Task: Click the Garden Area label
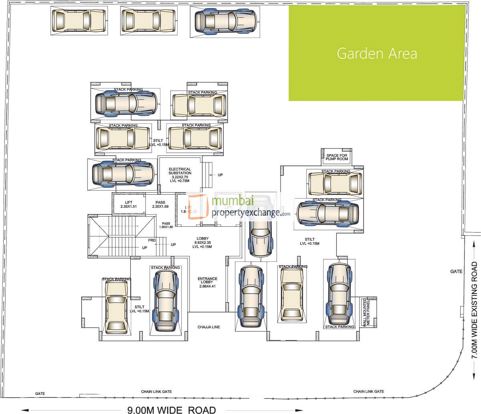click(377, 54)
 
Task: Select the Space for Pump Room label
click(338, 157)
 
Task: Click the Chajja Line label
click(209, 327)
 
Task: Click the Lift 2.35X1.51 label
click(129, 204)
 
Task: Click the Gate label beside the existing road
click(456, 271)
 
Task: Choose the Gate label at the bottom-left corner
click(40, 394)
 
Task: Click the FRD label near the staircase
click(152, 240)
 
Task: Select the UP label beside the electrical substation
click(220, 175)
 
